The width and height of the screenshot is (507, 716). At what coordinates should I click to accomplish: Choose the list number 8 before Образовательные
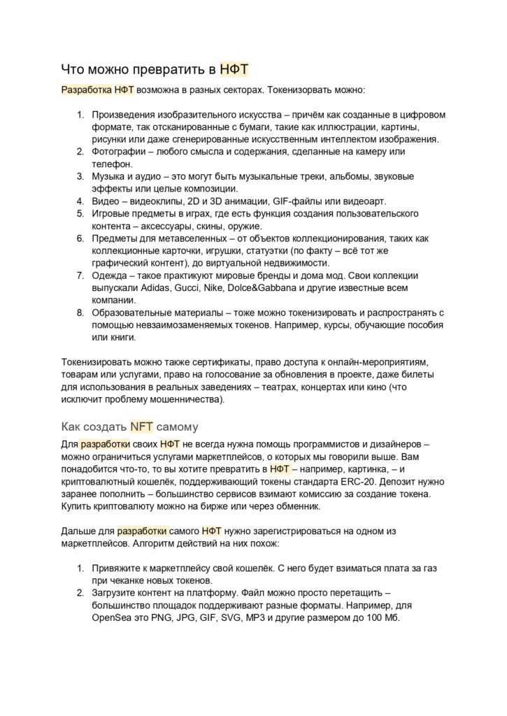pyautogui.click(x=80, y=313)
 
